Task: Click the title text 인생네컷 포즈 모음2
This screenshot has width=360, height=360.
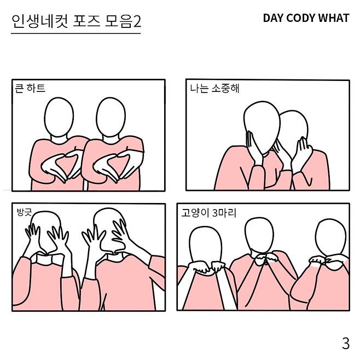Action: pyautogui.click(x=76, y=21)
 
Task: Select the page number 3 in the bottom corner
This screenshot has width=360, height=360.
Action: pyautogui.click(x=346, y=344)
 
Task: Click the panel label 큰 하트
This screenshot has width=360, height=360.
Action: pyautogui.click(x=30, y=88)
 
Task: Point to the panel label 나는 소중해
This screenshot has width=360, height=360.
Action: pyautogui.click(x=214, y=88)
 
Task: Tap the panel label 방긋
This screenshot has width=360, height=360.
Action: pyautogui.click(x=24, y=212)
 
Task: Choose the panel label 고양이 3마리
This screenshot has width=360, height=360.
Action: pyautogui.click(x=208, y=213)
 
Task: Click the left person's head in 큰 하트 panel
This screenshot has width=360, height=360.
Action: pyautogui.click(x=59, y=117)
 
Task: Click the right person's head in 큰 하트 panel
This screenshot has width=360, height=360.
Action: pyautogui.click(x=111, y=117)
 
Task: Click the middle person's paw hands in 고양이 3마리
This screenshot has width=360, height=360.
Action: pyautogui.click(x=265, y=259)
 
